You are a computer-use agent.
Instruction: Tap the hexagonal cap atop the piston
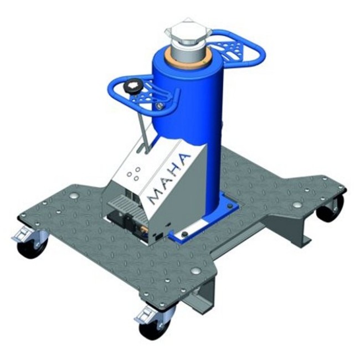pyautogui.click(x=188, y=32)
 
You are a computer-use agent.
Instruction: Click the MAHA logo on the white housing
pyautogui.click(x=169, y=178)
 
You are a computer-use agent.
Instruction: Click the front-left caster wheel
pyautogui.click(x=32, y=246)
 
